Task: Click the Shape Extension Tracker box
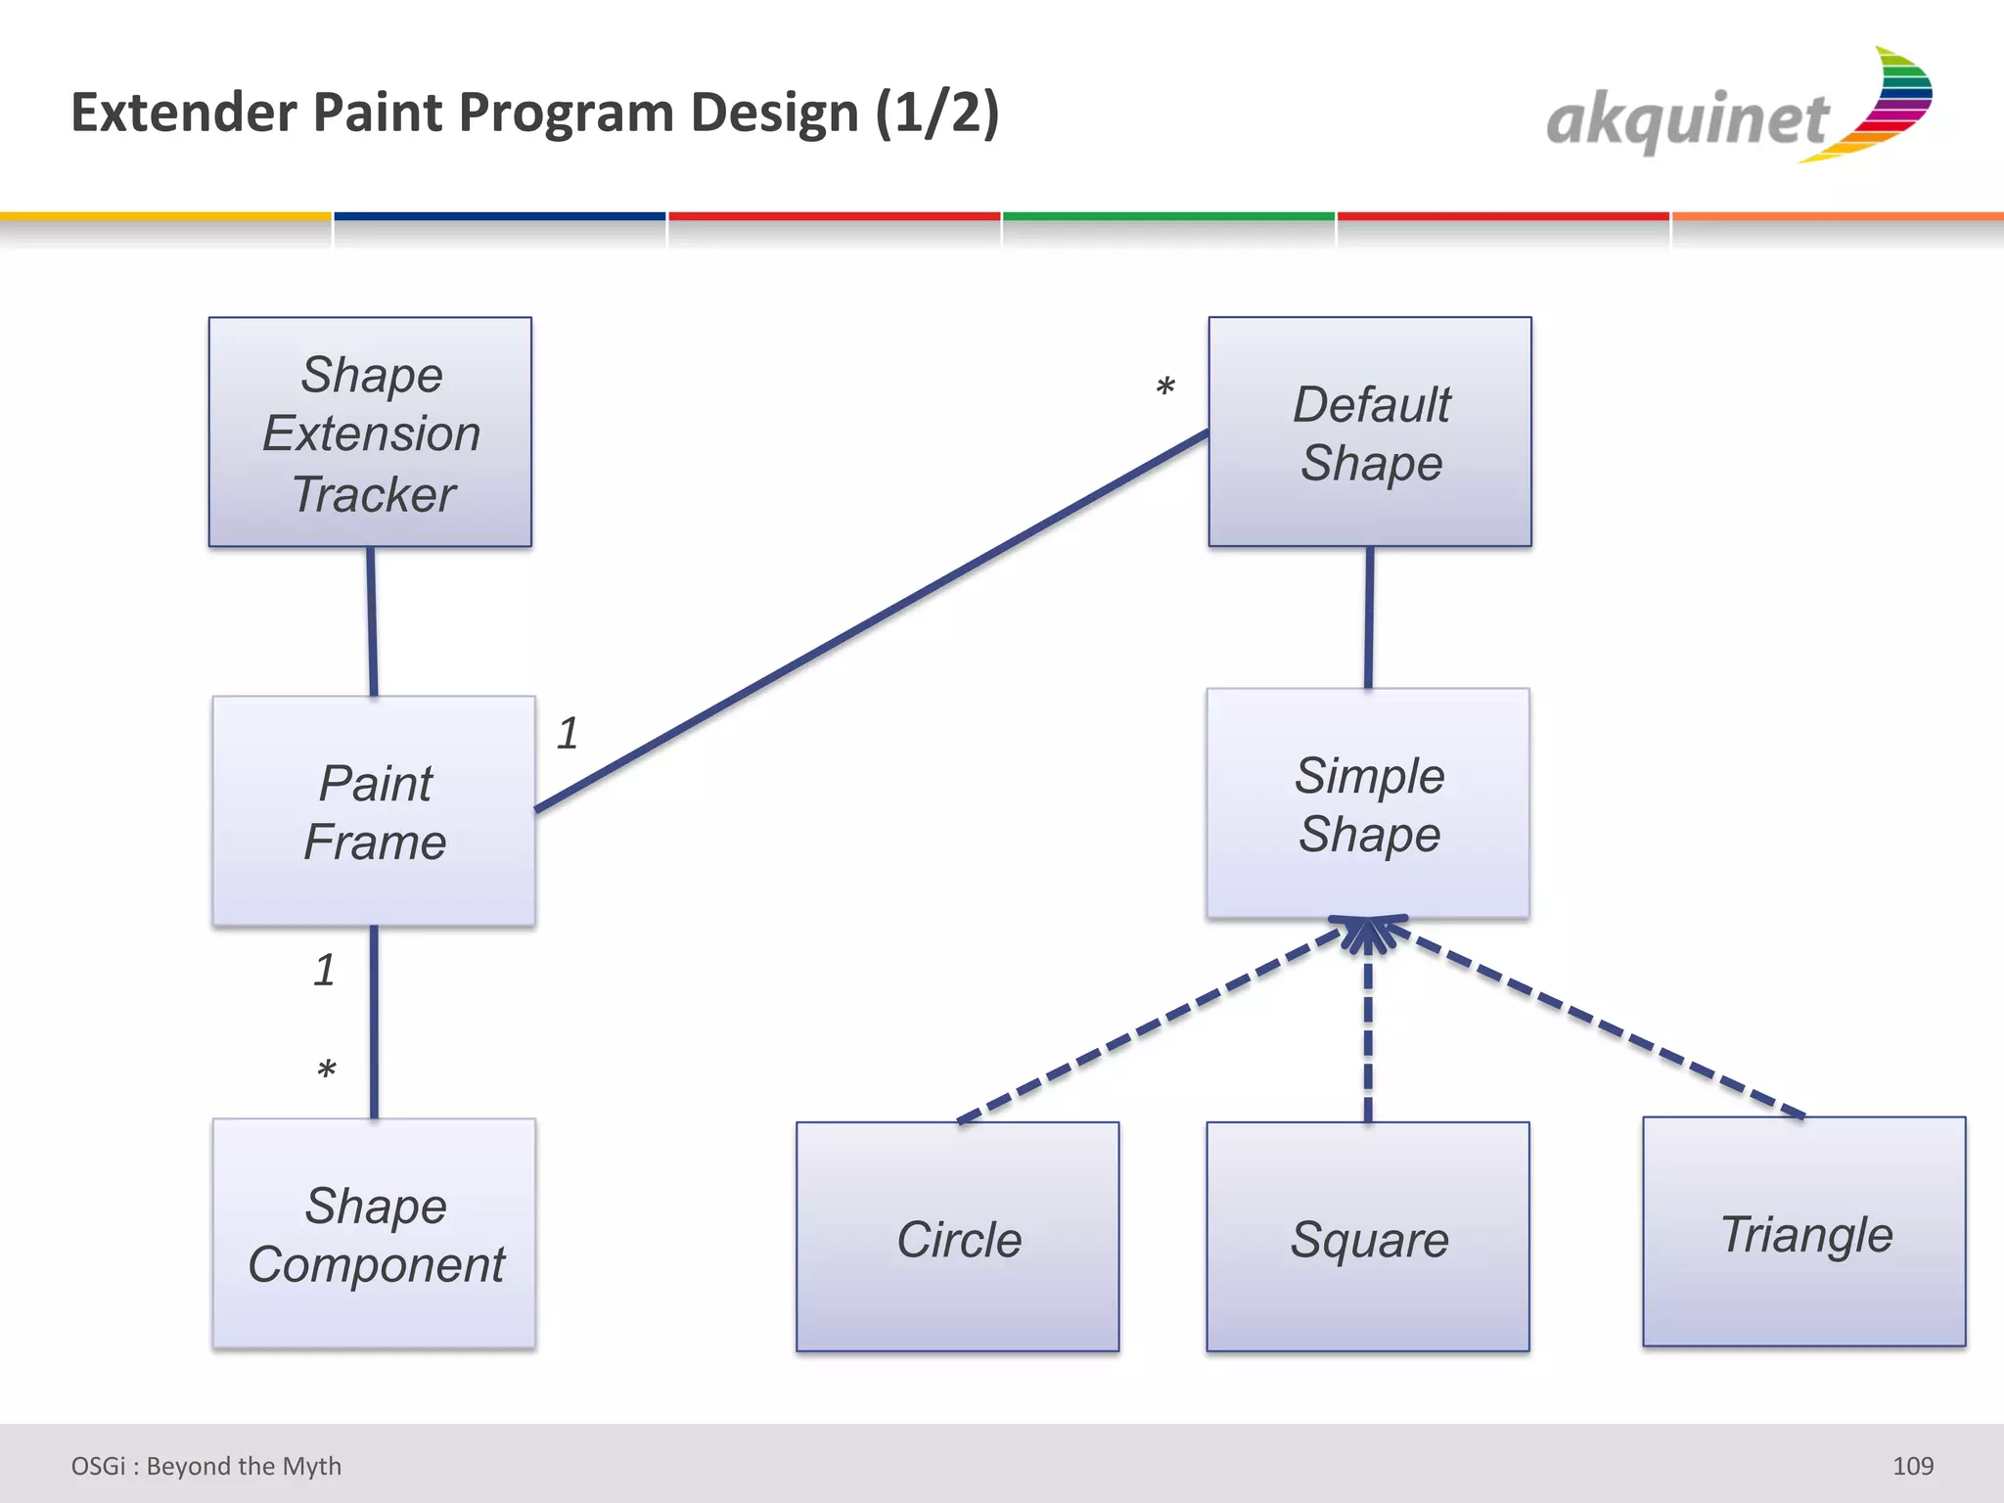(x=370, y=432)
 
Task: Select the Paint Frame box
(x=374, y=811)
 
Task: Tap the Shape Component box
(x=374, y=1234)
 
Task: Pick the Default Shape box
(x=1370, y=432)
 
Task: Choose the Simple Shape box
(x=1368, y=803)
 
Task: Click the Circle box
(x=957, y=1237)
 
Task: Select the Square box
(x=1368, y=1237)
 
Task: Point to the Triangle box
(x=1803, y=1232)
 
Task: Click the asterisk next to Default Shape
(x=1164, y=388)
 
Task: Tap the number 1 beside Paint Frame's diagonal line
(x=569, y=733)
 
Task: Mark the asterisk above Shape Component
(x=327, y=1070)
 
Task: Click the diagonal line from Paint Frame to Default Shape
(x=871, y=621)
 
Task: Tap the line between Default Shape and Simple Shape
(x=1369, y=617)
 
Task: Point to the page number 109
(x=1912, y=1466)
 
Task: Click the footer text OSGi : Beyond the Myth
(x=206, y=1466)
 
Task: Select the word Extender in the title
(x=184, y=113)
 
